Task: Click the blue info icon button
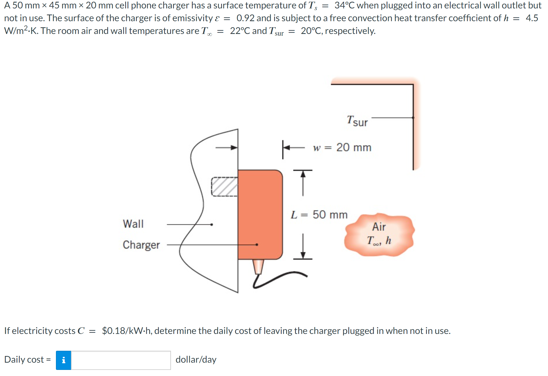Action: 63,360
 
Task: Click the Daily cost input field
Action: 121,360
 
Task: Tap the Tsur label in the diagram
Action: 357,121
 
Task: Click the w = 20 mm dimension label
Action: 342,147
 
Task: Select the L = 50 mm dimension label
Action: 319,215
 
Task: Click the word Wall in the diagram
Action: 133,224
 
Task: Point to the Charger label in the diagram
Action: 141,245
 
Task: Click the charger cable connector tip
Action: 258,266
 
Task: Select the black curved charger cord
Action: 278,279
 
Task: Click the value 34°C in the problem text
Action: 344,5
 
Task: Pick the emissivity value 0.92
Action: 245,18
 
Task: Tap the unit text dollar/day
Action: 196,359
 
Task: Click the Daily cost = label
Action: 28,359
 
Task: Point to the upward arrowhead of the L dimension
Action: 303,173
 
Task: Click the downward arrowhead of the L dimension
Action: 303,255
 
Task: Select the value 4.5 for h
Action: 532,18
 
